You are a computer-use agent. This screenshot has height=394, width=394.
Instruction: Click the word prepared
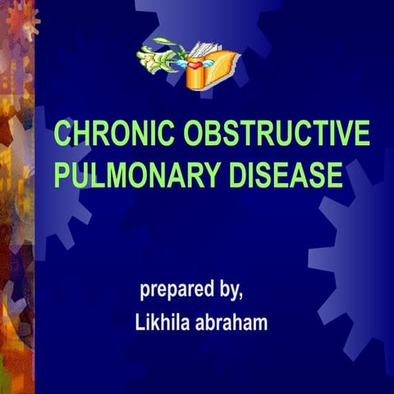176,291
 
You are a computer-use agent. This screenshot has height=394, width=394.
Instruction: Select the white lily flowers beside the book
158,57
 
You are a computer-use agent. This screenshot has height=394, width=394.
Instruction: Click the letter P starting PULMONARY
61,176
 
